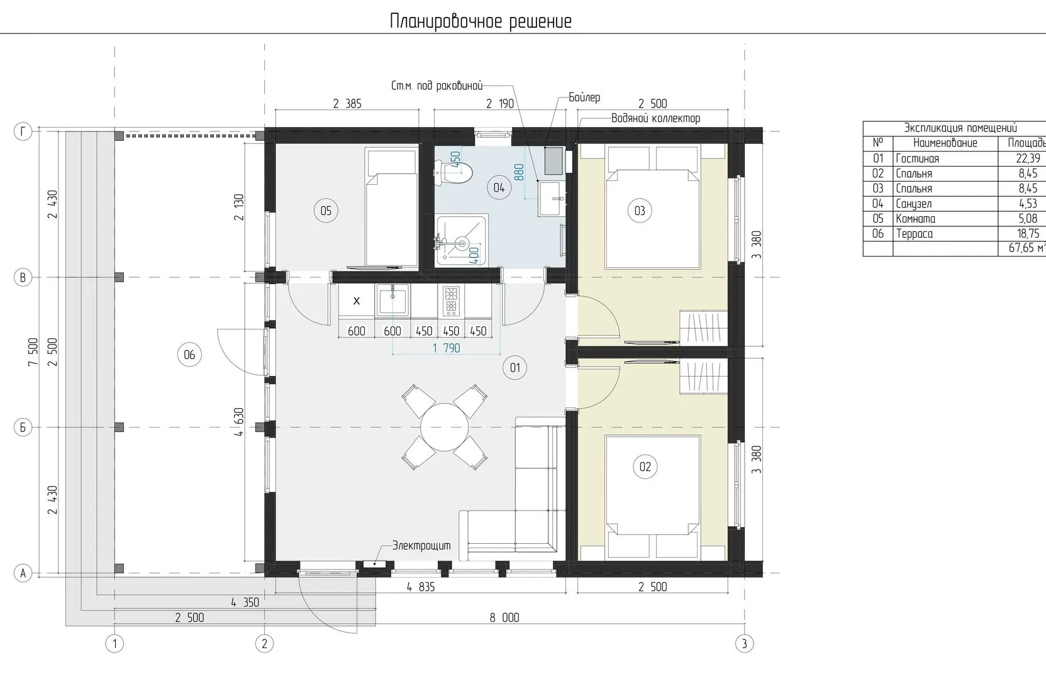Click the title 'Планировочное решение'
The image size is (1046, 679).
tap(481, 21)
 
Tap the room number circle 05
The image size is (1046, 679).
tap(325, 211)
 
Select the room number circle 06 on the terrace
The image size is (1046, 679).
tap(189, 355)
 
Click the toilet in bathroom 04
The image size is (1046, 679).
tap(453, 173)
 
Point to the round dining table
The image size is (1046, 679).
tap(445, 427)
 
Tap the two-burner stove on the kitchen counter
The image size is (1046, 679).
tap(450, 300)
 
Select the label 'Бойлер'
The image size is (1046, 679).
tap(584, 97)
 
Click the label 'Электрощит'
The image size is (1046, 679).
tap(421, 545)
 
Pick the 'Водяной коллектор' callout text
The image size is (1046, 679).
tap(655, 118)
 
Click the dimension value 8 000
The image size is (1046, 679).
tap(504, 617)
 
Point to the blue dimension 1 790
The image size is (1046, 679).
tap(447, 348)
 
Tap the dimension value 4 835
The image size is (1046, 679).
tap(420, 587)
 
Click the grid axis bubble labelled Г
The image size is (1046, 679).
tap(23, 131)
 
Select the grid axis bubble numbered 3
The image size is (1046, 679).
tap(744, 644)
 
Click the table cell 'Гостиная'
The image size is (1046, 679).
tap(917, 158)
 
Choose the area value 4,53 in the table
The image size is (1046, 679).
tap(1028, 204)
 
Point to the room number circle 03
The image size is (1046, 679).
tap(639, 211)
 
